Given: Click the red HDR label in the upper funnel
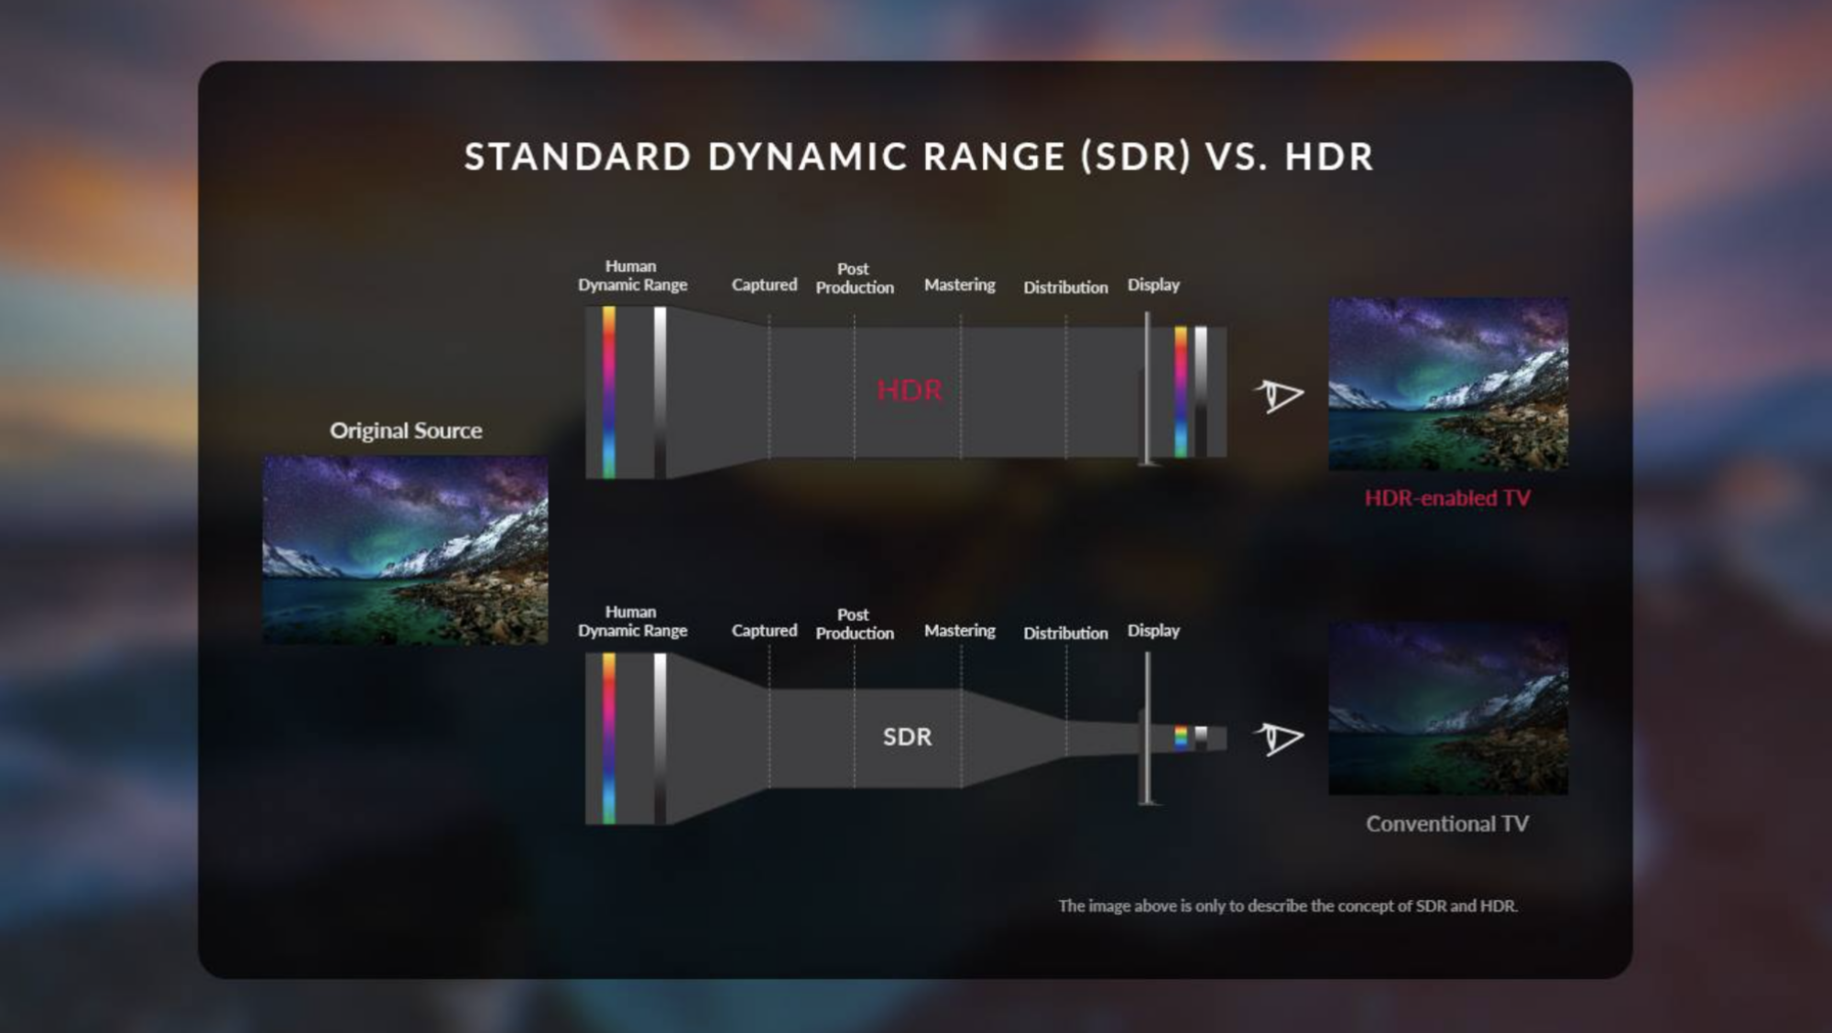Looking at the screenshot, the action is point(910,390).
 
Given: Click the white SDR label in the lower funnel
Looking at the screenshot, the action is point(908,736).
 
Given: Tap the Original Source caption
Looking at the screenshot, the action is point(406,430).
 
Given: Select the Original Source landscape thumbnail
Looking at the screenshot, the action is point(406,550).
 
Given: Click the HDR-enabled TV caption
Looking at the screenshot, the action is point(1447,498).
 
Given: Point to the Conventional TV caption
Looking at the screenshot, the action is point(1447,823).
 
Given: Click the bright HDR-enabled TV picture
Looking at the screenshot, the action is point(1448,384).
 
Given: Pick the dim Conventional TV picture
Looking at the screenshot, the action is point(1448,709).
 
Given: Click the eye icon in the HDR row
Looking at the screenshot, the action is point(1279,396).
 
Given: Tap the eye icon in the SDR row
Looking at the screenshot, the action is point(1279,738).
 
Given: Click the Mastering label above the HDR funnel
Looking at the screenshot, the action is point(960,285).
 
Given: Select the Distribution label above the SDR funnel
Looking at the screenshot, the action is point(1065,633).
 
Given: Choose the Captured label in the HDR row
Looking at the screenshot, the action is point(764,285).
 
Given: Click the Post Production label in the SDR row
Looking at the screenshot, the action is point(855,624).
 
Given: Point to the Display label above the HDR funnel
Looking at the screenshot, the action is point(1153,285).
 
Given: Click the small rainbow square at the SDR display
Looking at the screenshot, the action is point(1181,737).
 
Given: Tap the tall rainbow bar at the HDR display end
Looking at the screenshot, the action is point(1181,392).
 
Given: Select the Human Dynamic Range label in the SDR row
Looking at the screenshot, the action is point(632,621).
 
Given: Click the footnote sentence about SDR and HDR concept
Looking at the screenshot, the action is point(1288,906).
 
